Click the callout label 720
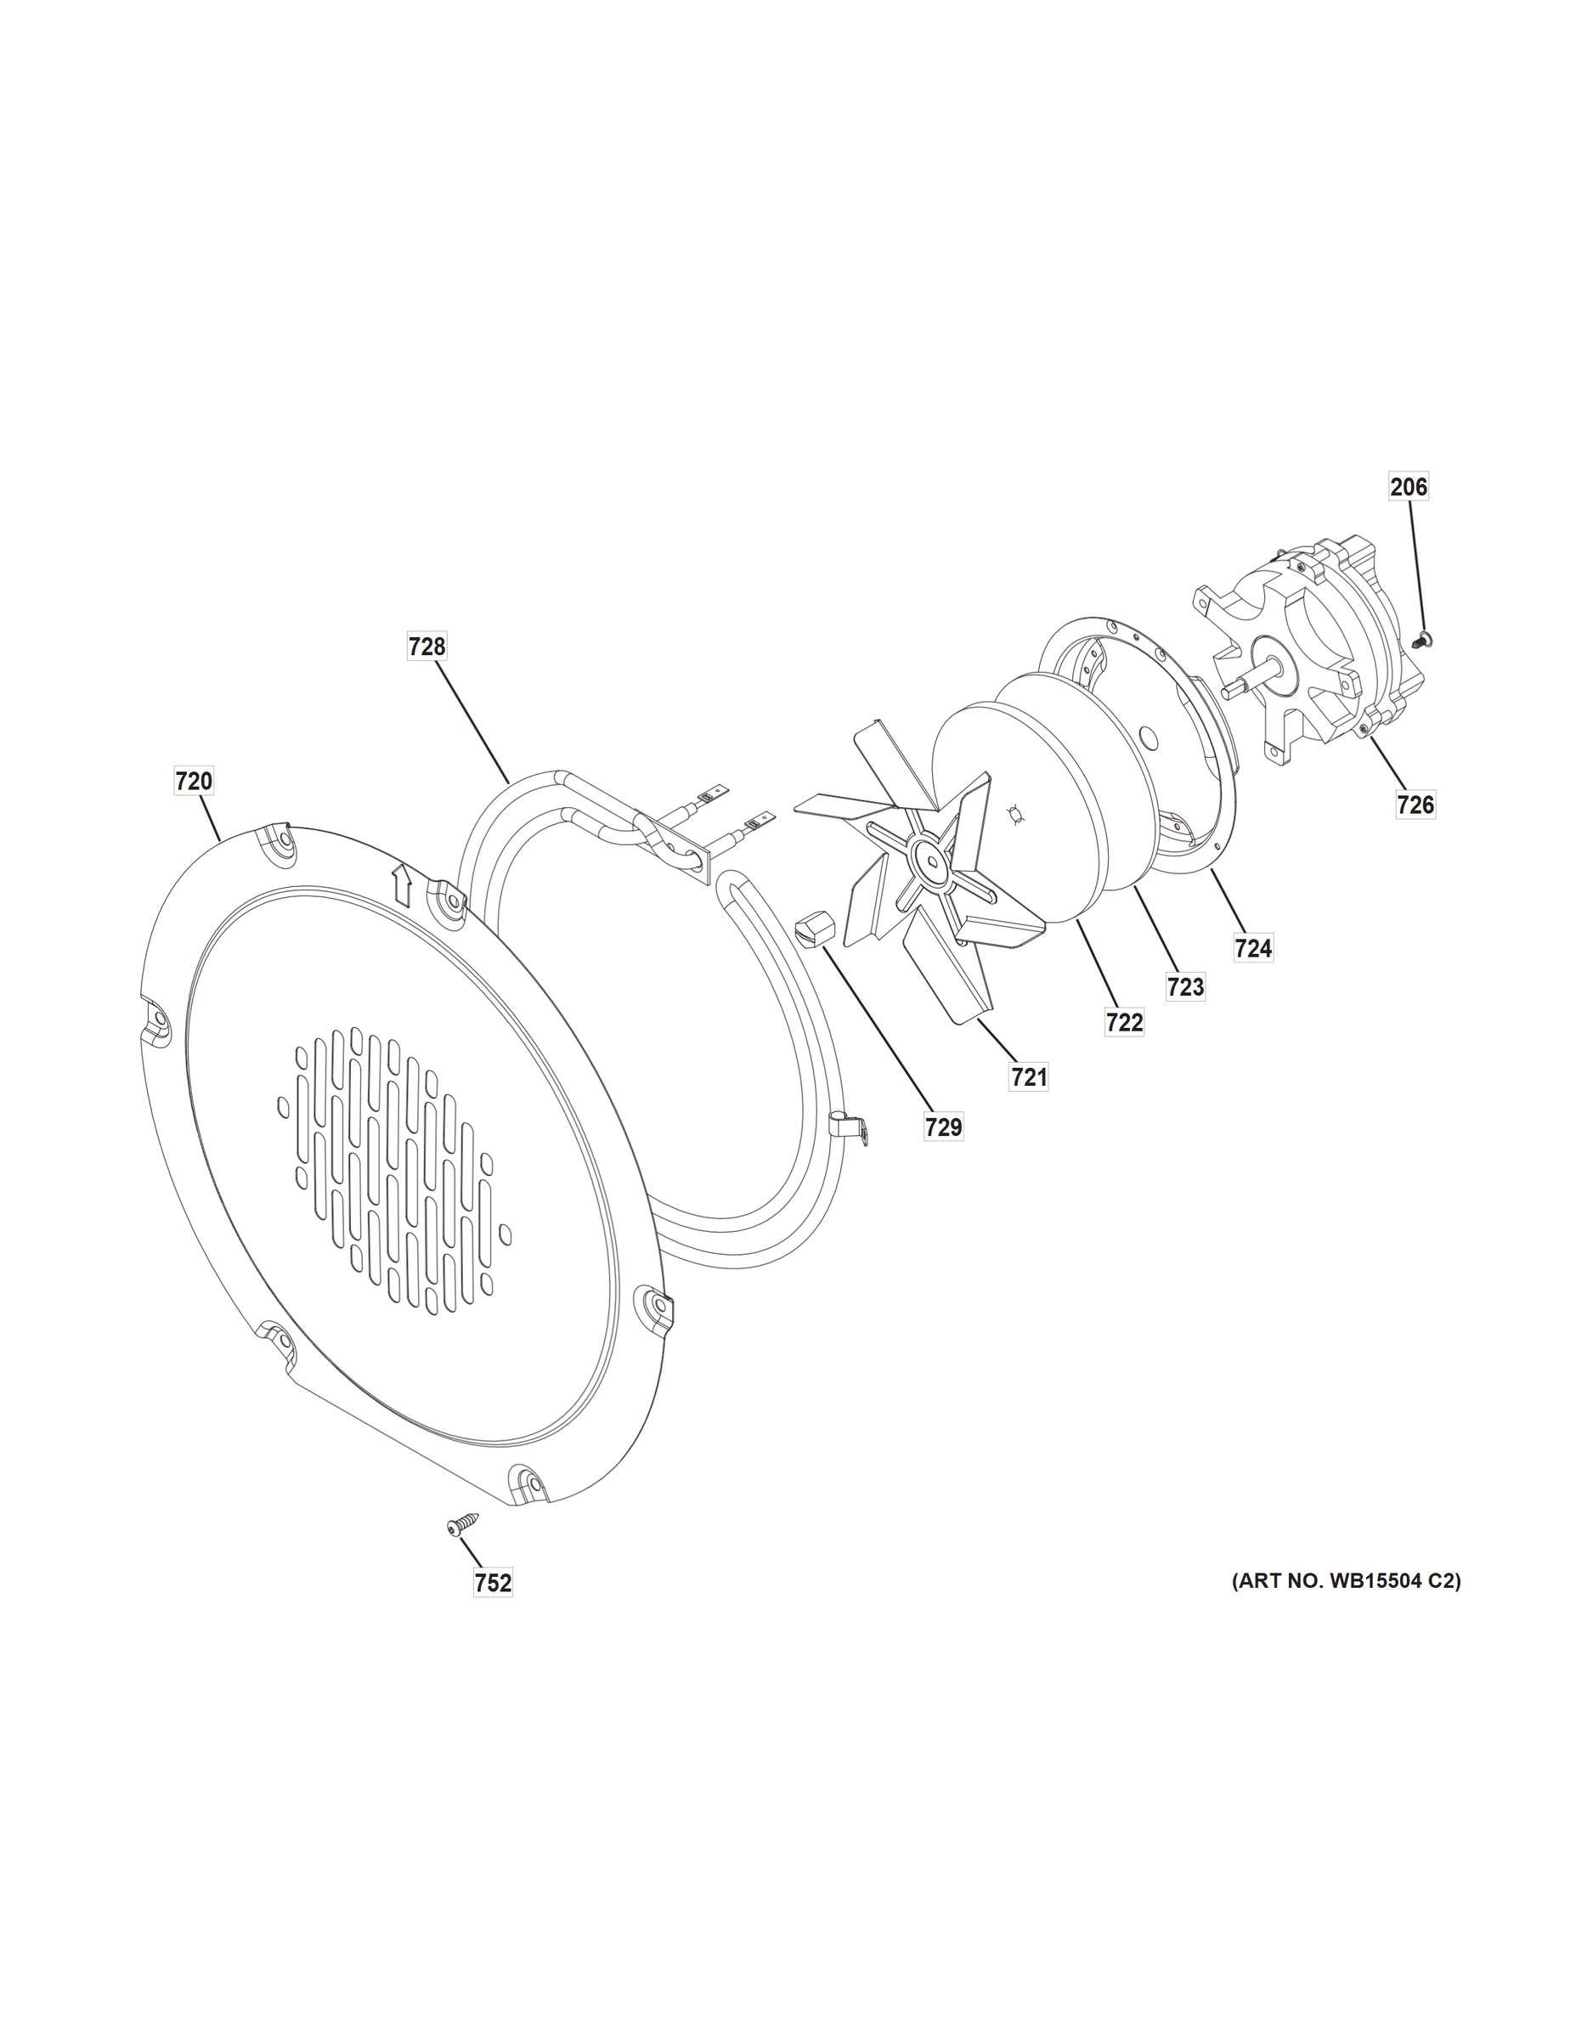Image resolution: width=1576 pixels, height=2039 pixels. [193, 781]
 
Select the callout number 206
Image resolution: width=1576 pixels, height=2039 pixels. [1408, 487]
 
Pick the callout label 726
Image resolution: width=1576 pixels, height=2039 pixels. [1415, 804]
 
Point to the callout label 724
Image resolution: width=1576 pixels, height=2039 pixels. [1253, 948]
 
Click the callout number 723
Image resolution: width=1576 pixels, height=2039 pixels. [1185, 987]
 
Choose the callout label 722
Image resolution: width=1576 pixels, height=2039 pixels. [1124, 1023]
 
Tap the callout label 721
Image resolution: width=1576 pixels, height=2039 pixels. [1028, 1077]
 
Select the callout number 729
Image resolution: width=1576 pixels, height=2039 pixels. [943, 1127]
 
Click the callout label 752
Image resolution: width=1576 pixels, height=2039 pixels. [493, 1584]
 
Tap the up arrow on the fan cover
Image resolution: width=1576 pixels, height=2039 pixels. [402, 884]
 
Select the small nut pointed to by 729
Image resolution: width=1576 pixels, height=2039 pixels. [814, 931]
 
